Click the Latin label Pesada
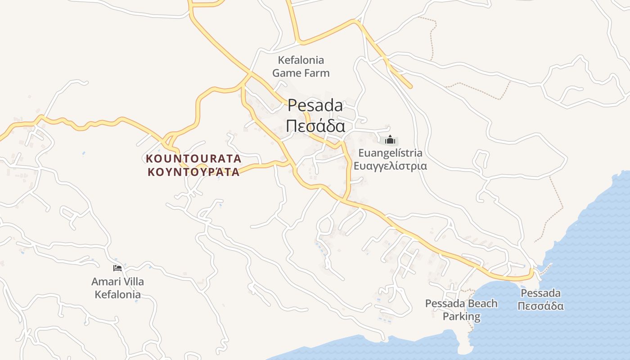(315, 106)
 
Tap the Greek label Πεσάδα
(315, 126)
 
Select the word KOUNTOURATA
(193, 159)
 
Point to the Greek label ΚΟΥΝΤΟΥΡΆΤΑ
(193, 172)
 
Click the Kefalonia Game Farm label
(301, 66)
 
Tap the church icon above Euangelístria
(390, 139)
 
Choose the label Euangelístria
(390, 153)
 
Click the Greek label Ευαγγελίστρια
(390, 166)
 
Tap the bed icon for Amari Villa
(117, 268)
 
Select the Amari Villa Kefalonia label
(117, 288)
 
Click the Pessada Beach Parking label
(461, 310)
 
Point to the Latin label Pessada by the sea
(540, 293)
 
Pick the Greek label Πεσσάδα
(540, 306)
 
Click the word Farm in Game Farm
(315, 73)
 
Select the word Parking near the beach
(461, 316)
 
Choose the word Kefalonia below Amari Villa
(117, 295)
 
